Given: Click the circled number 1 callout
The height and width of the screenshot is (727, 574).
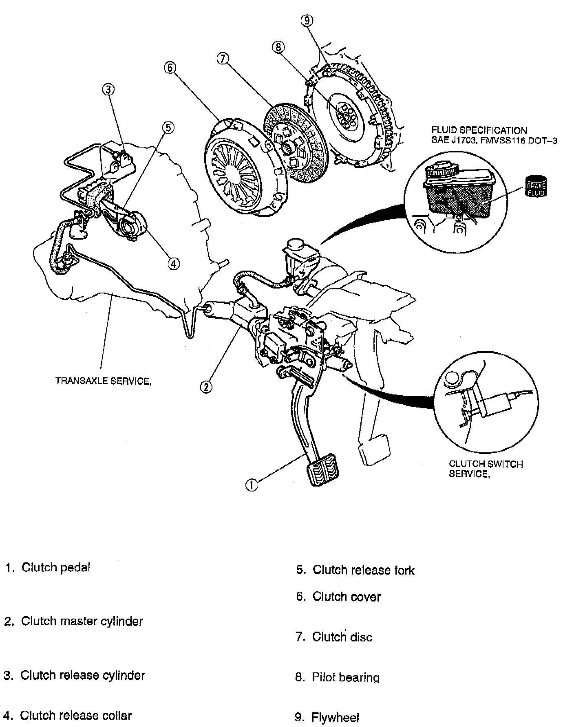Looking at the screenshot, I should pyautogui.click(x=252, y=485).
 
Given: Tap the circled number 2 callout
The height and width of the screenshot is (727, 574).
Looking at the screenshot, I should pyautogui.click(x=206, y=386).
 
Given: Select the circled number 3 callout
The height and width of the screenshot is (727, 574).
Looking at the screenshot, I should pyautogui.click(x=108, y=89).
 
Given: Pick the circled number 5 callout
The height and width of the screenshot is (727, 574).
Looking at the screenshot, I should pyautogui.click(x=168, y=128).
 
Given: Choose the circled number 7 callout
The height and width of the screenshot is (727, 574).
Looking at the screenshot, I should pyautogui.click(x=222, y=59).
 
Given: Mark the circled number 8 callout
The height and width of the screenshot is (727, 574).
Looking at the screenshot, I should pyautogui.click(x=278, y=47).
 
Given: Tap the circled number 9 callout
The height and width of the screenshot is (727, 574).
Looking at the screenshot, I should pyautogui.click(x=307, y=20).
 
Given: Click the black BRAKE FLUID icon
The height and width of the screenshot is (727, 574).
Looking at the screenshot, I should pyautogui.click(x=536, y=186).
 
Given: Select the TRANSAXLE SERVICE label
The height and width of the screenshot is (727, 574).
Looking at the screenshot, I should pyautogui.click(x=104, y=381).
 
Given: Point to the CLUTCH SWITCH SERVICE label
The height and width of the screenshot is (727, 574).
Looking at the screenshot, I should pyautogui.click(x=486, y=469).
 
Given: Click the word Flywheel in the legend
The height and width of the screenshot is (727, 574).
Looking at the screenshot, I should pyautogui.click(x=335, y=717).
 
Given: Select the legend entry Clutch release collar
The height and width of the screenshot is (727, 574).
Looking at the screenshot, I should pyautogui.click(x=76, y=715).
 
